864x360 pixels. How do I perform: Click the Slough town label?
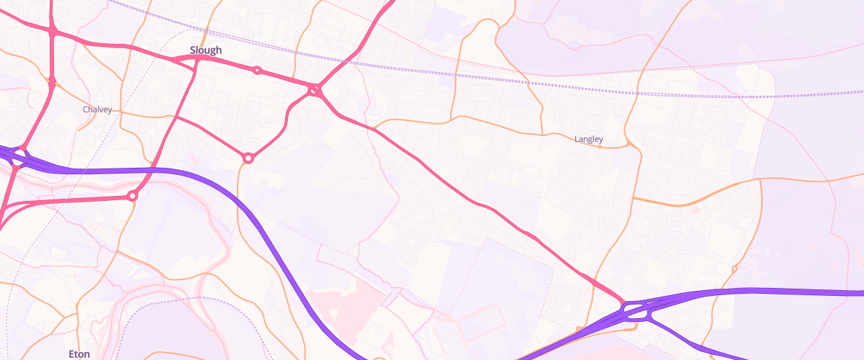[206, 50]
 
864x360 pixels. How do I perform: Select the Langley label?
[588, 139]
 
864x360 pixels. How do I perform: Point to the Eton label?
[78, 354]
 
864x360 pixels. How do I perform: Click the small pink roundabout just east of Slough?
[257, 71]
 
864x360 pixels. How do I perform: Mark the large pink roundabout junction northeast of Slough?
[315, 90]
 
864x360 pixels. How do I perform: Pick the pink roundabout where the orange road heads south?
[248, 158]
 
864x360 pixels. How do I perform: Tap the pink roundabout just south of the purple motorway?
[132, 196]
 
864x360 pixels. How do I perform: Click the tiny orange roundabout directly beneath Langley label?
[600, 147]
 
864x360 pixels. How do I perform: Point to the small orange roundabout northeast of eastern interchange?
[734, 269]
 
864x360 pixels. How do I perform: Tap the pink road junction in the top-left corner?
[53, 31]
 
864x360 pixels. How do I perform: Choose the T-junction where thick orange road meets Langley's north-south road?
[633, 197]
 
